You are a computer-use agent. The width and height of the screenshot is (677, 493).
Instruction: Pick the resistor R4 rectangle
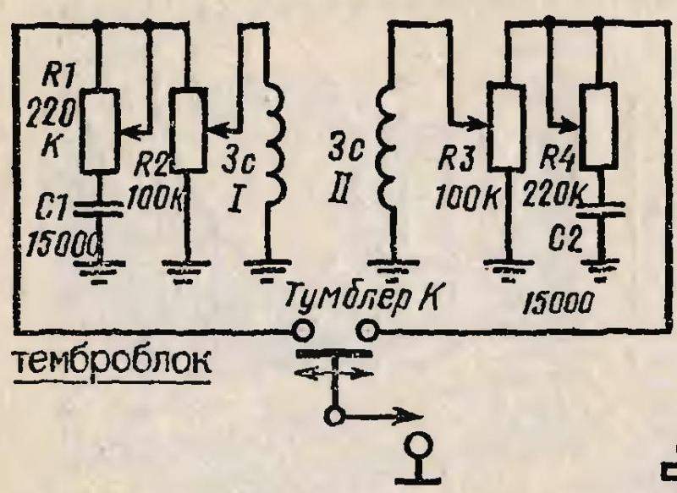point(598,126)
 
